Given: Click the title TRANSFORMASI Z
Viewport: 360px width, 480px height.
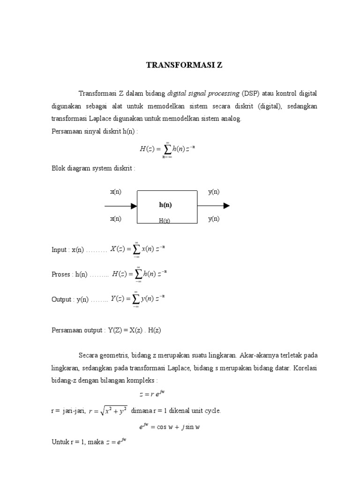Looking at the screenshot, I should [x=184, y=65].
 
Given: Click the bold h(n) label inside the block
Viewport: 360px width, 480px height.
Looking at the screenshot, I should [x=165, y=205].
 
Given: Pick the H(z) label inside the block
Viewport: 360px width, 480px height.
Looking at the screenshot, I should [x=164, y=220].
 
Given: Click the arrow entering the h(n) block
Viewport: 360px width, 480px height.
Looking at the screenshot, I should [x=120, y=206].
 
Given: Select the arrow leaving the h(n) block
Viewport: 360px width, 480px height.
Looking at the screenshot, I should [x=213, y=206].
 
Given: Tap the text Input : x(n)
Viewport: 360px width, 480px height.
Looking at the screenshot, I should [x=67, y=250].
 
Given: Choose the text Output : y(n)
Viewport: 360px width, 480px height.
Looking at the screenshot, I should [x=69, y=300].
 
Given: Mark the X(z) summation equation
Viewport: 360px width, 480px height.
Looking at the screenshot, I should [x=137, y=249].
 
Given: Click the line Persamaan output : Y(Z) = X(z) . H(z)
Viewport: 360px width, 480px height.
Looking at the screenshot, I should [x=106, y=330].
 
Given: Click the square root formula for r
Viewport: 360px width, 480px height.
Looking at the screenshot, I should [x=108, y=411].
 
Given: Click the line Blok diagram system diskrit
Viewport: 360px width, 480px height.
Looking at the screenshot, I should [x=93, y=168].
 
